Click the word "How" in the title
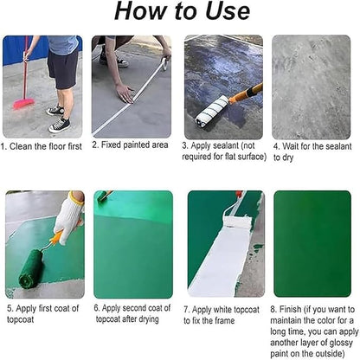139,12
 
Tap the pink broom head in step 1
23,102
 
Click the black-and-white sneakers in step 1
58,119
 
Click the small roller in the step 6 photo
104,196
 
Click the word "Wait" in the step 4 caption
294,146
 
